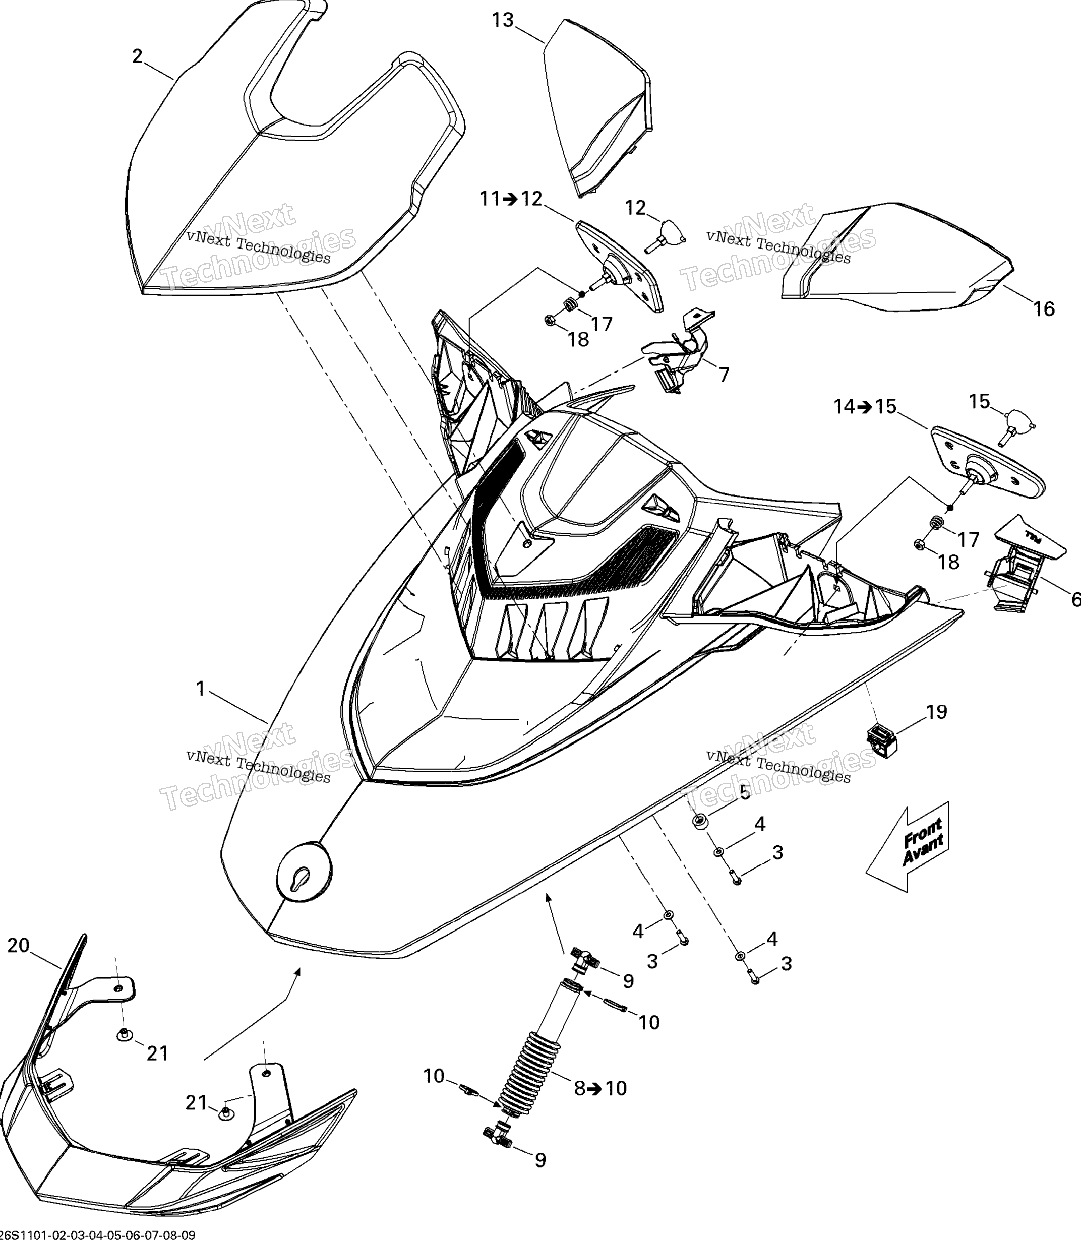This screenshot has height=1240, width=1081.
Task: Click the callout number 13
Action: click(x=503, y=21)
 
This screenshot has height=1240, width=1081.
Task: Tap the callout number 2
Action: click(x=138, y=56)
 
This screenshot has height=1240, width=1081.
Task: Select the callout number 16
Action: click(x=1044, y=309)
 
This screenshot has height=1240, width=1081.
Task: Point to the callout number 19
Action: click(x=936, y=712)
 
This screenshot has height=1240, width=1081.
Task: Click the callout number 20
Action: click(x=18, y=945)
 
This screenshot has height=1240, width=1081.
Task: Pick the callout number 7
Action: click(x=724, y=375)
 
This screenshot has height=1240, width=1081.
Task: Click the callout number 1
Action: click(x=201, y=688)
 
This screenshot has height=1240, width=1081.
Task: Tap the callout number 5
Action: click(x=745, y=792)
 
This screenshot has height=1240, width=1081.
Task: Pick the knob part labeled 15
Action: click(x=1019, y=422)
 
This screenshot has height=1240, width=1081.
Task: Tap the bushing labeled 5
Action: click(x=701, y=822)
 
